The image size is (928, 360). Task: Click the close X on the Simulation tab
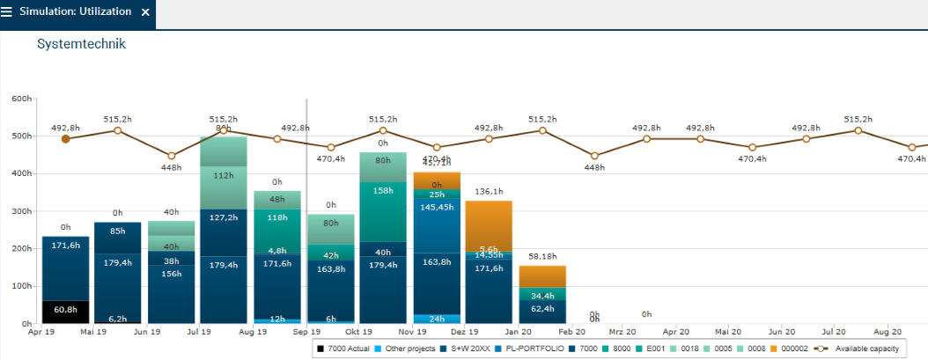145,13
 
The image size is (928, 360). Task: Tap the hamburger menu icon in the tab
8,13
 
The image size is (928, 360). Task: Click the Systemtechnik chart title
81,43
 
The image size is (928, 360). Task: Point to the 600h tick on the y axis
21,99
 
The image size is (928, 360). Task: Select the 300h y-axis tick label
21,212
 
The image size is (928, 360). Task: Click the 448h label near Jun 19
171,168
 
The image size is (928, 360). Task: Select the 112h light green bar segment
224,175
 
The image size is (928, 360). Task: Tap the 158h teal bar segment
383,190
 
